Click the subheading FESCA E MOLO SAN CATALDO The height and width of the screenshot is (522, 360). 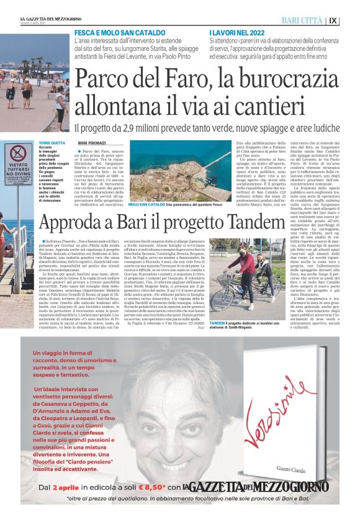click(115, 31)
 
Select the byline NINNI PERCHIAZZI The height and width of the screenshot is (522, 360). click(92, 143)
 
